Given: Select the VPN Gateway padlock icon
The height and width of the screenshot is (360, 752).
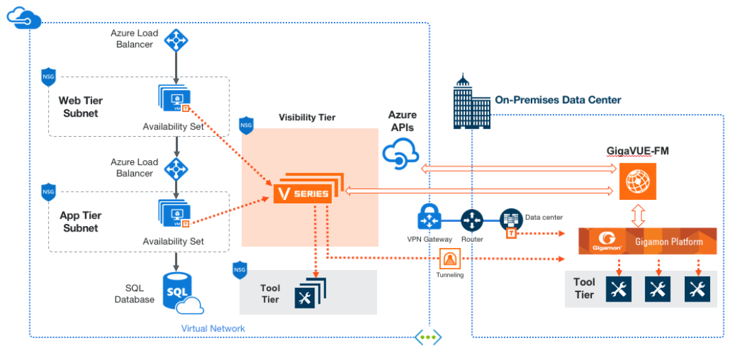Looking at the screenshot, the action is click(429, 216).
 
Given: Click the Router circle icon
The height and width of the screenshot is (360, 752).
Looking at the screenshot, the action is click(470, 221).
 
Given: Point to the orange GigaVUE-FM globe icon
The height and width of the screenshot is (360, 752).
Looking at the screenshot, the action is click(637, 181).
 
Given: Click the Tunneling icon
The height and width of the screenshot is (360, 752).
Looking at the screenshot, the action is click(450, 259).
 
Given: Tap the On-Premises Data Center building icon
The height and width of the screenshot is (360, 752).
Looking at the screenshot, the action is click(470, 101).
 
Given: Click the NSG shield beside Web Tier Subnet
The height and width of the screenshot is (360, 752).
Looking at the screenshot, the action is click(49, 78).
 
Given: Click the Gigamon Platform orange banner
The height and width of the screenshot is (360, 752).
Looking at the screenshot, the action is click(648, 241).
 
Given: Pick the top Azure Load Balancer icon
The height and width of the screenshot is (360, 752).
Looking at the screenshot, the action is click(176, 40).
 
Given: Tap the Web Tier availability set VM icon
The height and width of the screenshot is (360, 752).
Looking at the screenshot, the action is click(174, 99).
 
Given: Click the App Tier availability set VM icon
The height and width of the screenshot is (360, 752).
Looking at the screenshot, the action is click(174, 213).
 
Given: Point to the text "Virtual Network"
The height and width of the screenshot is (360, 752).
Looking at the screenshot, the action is click(213, 329).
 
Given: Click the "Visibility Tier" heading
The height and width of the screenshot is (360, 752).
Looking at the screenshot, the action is click(308, 117).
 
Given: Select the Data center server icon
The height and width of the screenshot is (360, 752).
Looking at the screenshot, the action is click(510, 220).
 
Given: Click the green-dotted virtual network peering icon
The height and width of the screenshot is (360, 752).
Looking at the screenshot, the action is click(429, 337).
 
